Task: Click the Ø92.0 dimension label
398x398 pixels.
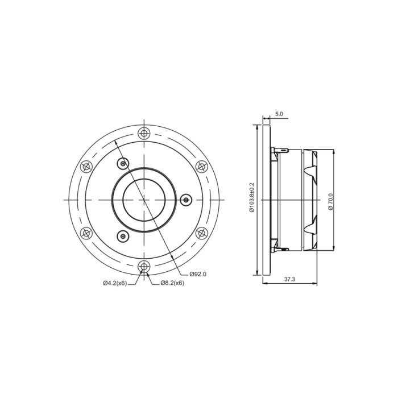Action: pyautogui.click(x=198, y=274)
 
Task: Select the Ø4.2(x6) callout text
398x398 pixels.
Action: pyautogui.click(x=115, y=283)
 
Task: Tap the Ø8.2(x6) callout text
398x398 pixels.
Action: pyautogui.click(x=172, y=283)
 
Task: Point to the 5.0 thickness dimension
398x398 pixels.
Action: pyautogui.click(x=279, y=114)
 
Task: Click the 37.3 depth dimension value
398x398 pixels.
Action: pyautogui.click(x=289, y=279)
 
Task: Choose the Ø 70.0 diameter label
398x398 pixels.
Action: pyautogui.click(x=330, y=201)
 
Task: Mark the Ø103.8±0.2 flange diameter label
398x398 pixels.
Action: pyautogui.click(x=252, y=197)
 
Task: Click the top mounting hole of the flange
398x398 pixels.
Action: pyautogui.click(x=144, y=132)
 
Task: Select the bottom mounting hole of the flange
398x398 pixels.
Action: pyautogui.click(x=144, y=267)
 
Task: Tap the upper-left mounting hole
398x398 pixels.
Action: pyautogui.click(x=86, y=166)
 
